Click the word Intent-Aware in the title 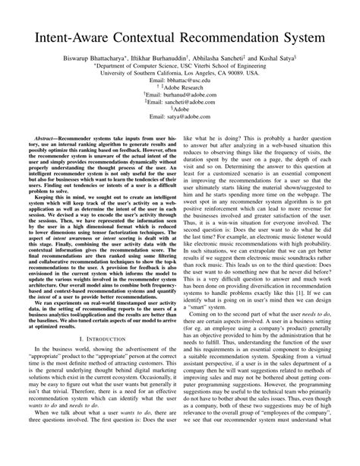[65, 36]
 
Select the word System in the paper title [312, 36]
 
